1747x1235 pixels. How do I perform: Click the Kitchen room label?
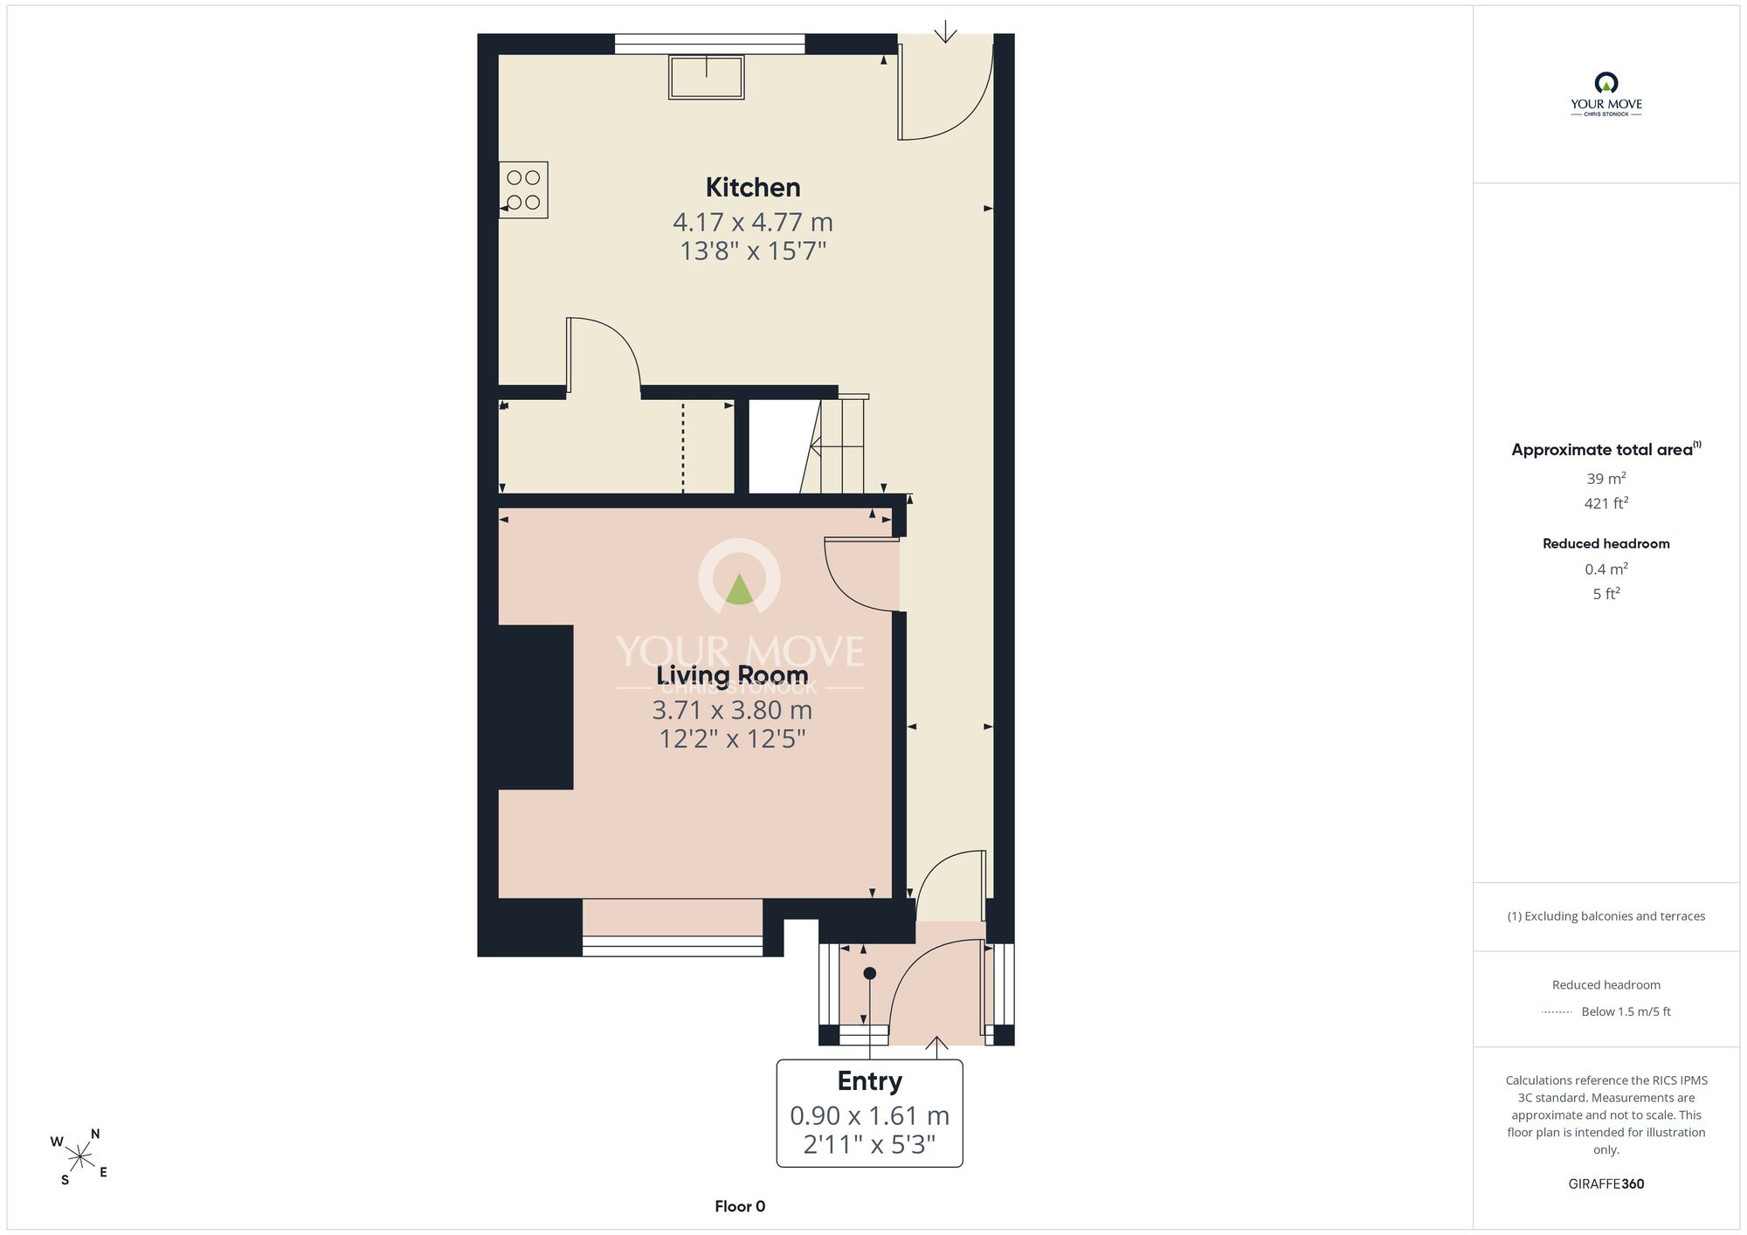click(x=753, y=187)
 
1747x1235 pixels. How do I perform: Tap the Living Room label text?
click(x=732, y=675)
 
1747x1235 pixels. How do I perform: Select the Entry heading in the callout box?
click(x=870, y=1081)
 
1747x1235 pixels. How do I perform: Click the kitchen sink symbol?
click(x=707, y=77)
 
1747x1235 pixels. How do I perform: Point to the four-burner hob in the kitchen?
click(x=523, y=190)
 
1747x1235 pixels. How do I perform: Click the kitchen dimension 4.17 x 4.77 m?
click(x=753, y=222)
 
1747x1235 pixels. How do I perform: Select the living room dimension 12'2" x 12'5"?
click(x=732, y=739)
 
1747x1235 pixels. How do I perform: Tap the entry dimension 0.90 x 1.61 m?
click(x=870, y=1115)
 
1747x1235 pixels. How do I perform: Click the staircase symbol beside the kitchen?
click(x=834, y=445)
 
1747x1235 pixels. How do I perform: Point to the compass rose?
click(x=79, y=1157)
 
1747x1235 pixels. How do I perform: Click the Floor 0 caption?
click(x=740, y=1206)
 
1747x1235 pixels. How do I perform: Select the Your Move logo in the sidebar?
click(x=1606, y=94)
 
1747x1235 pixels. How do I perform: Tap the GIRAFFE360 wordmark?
click(x=1606, y=1184)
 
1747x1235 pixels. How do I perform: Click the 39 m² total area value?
click(x=1606, y=479)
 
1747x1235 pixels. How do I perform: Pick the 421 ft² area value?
click(x=1606, y=503)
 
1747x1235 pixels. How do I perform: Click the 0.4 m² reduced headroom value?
click(x=1606, y=569)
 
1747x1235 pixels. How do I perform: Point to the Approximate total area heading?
click(x=1605, y=449)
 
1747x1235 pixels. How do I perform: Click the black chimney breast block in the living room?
click(x=535, y=707)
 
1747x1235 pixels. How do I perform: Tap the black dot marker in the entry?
click(x=869, y=973)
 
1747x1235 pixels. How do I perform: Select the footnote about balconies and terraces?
click(x=1606, y=916)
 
